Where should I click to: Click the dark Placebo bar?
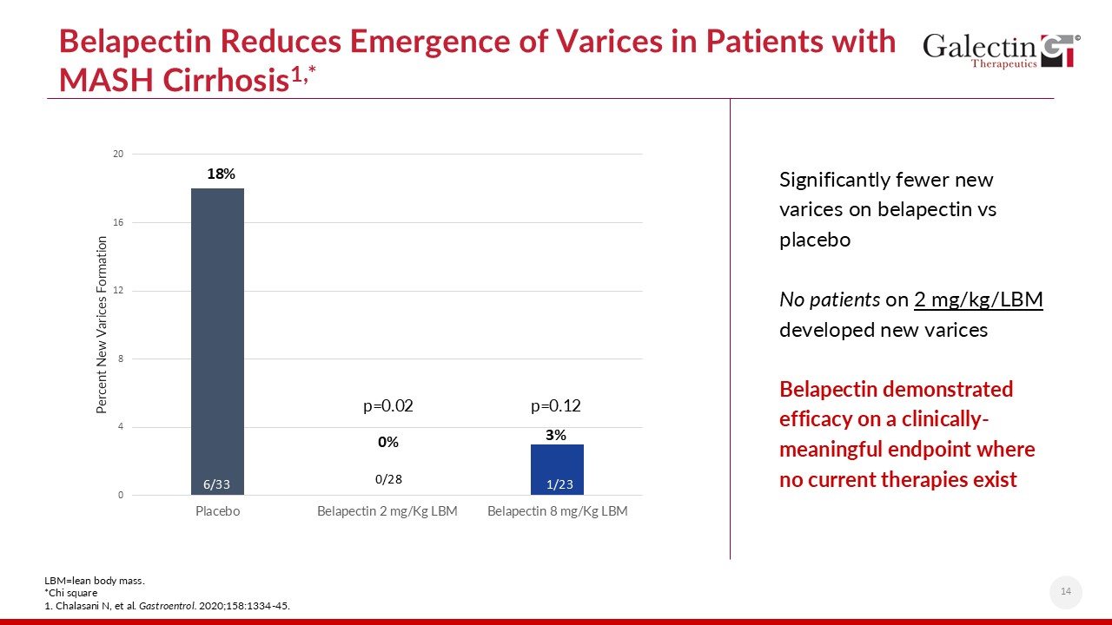[x=217, y=339]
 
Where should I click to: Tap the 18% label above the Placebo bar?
[x=221, y=174]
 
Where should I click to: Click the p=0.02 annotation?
[x=387, y=405]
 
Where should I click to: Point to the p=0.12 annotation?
[x=556, y=405]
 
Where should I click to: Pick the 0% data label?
[x=387, y=442]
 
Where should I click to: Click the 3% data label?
[x=556, y=435]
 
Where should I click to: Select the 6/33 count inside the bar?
[x=217, y=484]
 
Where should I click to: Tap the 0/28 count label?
[x=388, y=479]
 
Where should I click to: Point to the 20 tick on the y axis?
[x=118, y=155]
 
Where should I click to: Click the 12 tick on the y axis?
[x=118, y=291]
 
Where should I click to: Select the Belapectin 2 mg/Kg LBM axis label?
[x=387, y=511]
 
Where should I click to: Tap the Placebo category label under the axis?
[x=217, y=511]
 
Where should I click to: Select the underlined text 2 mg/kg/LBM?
[x=978, y=299]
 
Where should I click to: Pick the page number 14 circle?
[x=1066, y=592]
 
